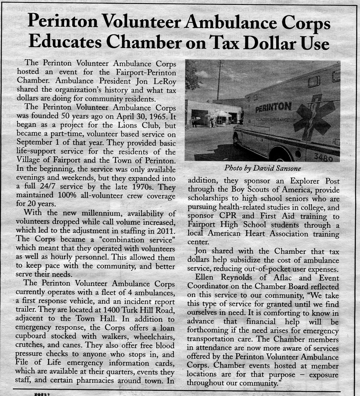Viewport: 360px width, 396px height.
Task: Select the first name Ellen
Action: click(204, 278)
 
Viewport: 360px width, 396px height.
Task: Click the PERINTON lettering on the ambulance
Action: click(273, 107)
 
